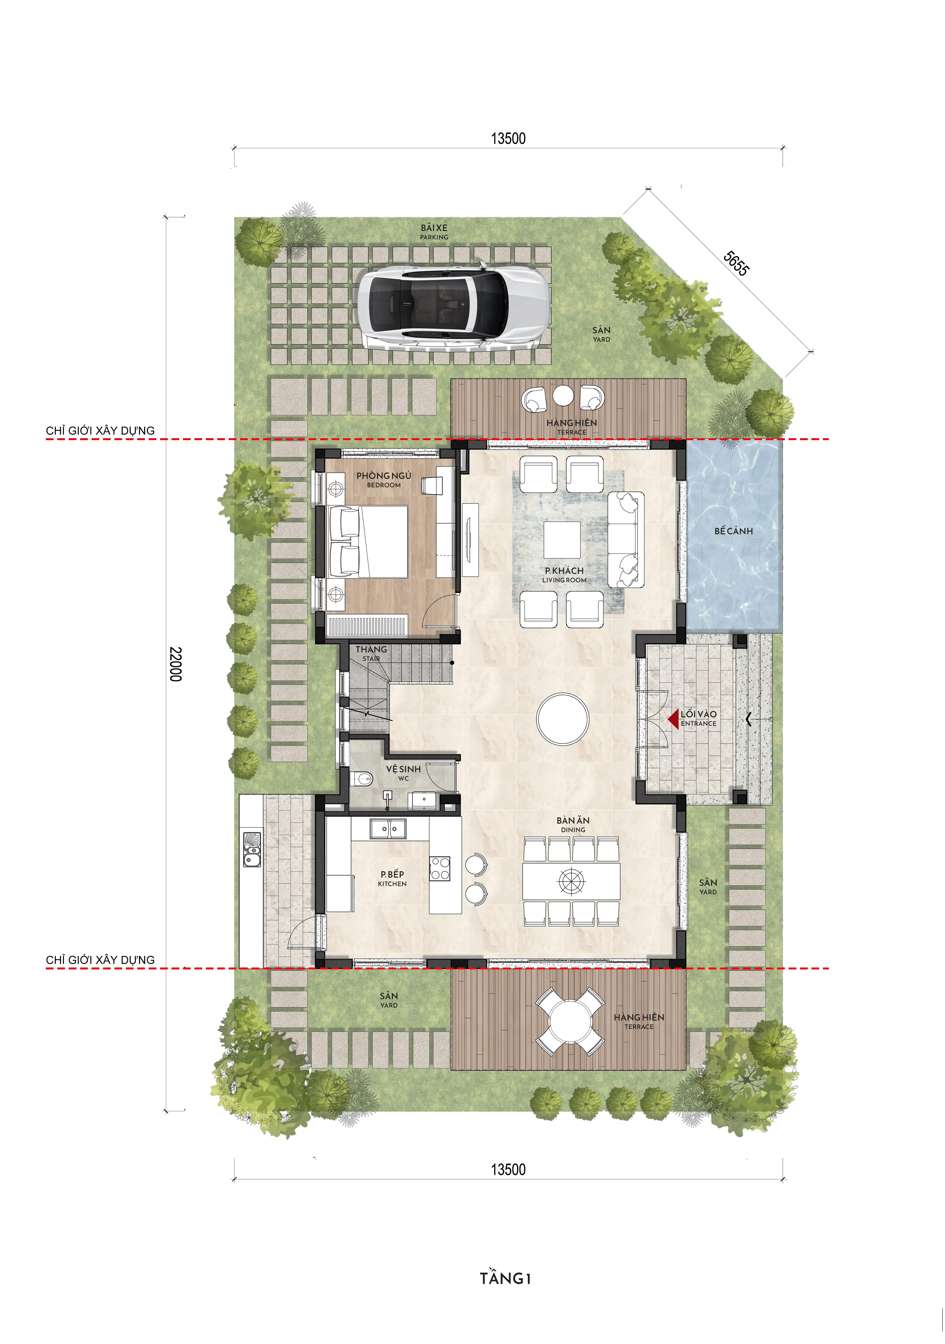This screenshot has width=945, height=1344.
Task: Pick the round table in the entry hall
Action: point(562,719)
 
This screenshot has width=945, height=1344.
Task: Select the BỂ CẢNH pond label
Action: point(733,531)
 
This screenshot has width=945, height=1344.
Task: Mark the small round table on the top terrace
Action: point(563,396)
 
